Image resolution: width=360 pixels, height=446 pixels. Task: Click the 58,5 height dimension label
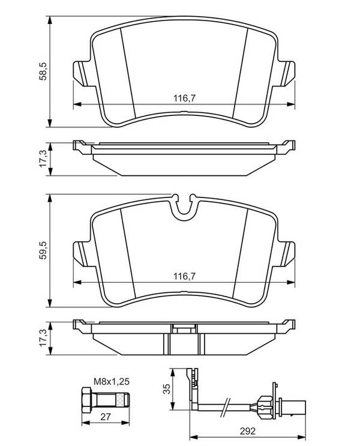[43, 71]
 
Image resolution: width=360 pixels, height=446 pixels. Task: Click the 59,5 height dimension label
[43, 250]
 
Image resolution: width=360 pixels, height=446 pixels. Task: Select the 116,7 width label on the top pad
[185, 98]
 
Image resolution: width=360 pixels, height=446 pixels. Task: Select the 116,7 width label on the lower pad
[185, 276]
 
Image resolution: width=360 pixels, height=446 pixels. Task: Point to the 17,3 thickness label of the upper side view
[43, 159]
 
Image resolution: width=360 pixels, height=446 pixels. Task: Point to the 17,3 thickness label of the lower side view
[43, 338]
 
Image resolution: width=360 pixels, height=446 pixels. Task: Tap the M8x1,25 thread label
[112, 381]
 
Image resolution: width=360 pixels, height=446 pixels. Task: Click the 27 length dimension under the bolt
[106, 417]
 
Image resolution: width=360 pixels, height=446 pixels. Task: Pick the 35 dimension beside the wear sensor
[167, 389]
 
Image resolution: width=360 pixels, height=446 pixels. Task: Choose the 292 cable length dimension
[247, 431]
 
